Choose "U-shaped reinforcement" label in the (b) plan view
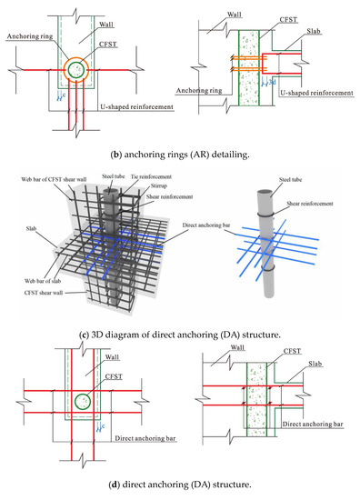coord(135,106)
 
